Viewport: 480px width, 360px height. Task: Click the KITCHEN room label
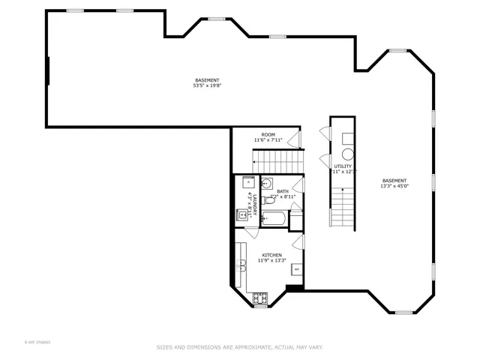pos(271,255)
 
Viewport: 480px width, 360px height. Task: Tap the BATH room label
pos(282,191)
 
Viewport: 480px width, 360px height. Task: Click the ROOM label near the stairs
pos(268,134)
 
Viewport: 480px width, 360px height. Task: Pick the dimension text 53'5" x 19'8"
pos(207,85)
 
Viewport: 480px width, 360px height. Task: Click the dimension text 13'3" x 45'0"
pos(394,185)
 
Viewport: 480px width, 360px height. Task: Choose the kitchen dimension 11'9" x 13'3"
pos(271,261)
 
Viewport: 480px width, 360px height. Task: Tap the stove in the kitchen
pos(260,298)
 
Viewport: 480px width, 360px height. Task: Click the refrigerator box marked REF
pos(297,268)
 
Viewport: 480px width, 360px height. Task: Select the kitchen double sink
pos(242,265)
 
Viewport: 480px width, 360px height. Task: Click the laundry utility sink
pos(242,215)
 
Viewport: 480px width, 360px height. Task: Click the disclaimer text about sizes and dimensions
pos(239,347)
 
